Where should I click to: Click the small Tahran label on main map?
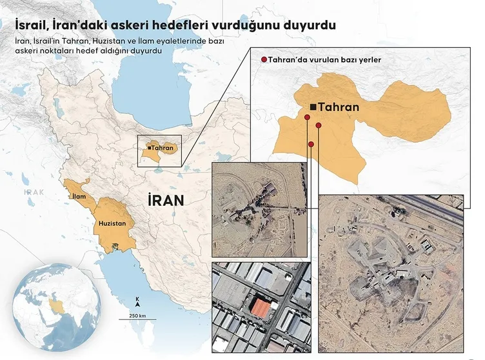163,148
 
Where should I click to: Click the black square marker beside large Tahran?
313,107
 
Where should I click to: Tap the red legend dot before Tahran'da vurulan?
263,60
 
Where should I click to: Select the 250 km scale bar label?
137,315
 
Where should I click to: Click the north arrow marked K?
137,301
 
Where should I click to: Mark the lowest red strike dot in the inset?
311,144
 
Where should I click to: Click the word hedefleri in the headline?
184,25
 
